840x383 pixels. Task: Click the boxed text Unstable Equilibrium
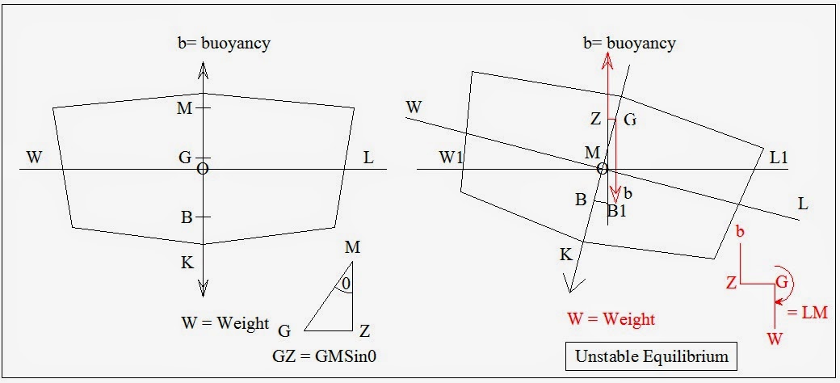pyautogui.click(x=651, y=356)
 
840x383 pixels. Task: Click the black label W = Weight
pyautogui.click(x=225, y=323)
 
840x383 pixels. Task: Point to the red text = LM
pyautogui.click(x=808, y=313)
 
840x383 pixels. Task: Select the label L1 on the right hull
pyautogui.click(x=779, y=158)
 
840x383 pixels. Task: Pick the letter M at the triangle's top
pyautogui.click(x=352, y=246)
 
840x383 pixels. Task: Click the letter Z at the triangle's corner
pyautogui.click(x=364, y=330)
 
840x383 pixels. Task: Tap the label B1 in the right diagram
pyautogui.click(x=617, y=212)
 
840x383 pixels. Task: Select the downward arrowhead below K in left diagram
pyautogui.click(x=204, y=288)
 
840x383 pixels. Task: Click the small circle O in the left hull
pyautogui.click(x=203, y=168)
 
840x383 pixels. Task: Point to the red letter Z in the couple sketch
pyautogui.click(x=730, y=283)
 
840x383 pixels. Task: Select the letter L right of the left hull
pyautogui.click(x=368, y=158)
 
